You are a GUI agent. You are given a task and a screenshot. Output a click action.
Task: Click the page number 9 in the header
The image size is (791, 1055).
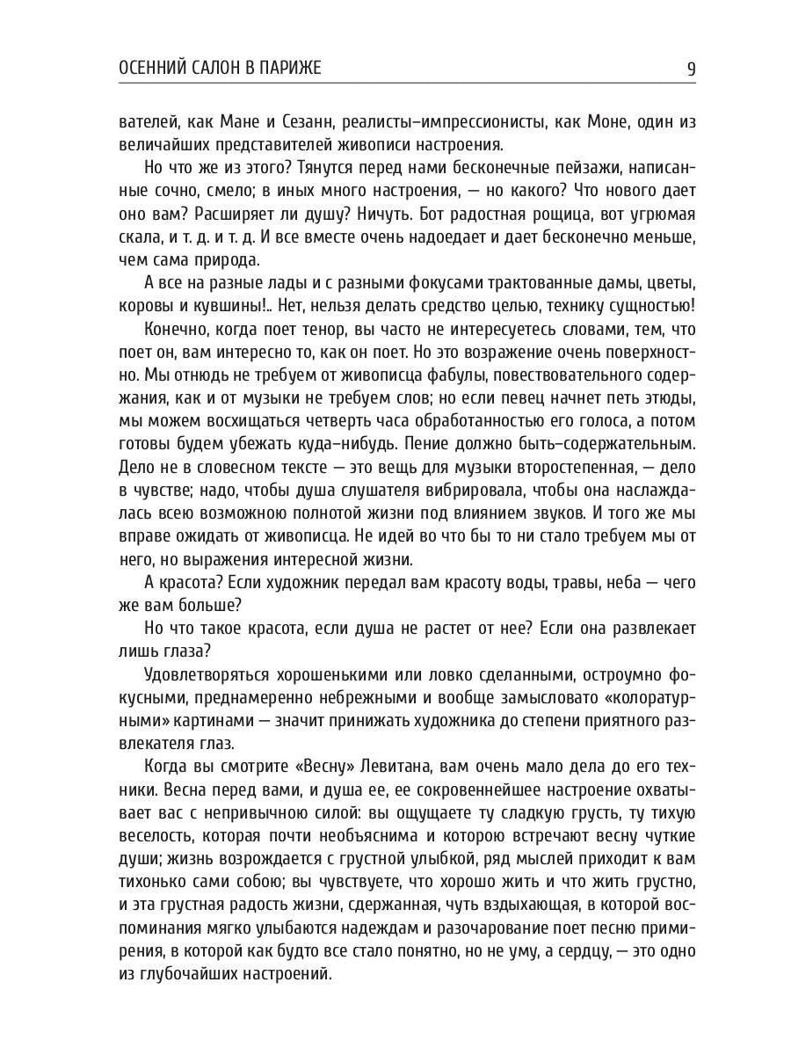click(691, 69)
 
